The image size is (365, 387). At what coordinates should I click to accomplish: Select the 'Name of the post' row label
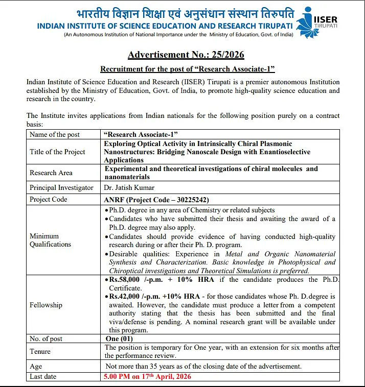(x=55, y=134)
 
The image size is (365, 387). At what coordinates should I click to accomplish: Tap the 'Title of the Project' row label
(x=57, y=152)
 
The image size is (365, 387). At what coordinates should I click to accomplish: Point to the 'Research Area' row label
(x=51, y=173)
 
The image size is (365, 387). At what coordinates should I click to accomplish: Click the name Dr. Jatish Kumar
(x=129, y=187)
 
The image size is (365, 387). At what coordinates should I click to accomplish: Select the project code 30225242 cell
(x=156, y=200)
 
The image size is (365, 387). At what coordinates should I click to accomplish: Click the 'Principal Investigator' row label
(x=61, y=187)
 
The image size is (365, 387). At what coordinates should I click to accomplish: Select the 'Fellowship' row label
(x=46, y=305)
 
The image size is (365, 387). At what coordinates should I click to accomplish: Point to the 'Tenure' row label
(x=40, y=351)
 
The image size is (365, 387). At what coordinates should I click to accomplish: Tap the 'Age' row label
(x=36, y=366)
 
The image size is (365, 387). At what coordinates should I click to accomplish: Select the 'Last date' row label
(x=43, y=376)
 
